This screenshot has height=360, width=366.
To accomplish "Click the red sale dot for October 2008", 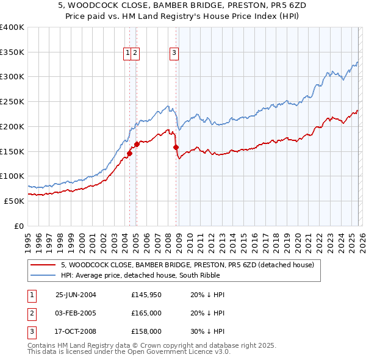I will pyautogui.click(x=176, y=147).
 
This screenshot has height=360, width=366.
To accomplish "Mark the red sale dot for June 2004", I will pyautogui.click(x=129, y=153).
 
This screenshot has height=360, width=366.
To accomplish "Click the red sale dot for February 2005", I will pyautogui.click(x=136, y=144).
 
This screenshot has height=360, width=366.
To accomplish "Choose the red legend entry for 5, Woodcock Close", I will pyautogui.click(x=187, y=265).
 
